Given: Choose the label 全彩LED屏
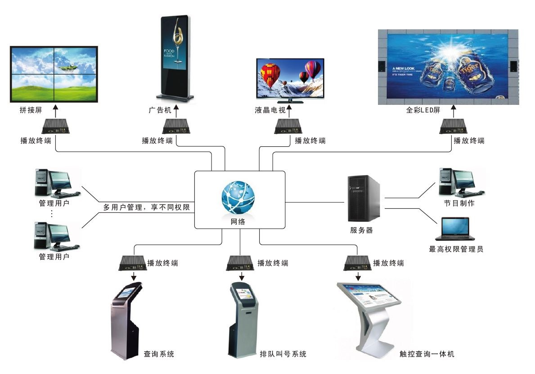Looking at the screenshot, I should click(x=423, y=110).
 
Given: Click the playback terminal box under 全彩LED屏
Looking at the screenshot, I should click(x=453, y=126).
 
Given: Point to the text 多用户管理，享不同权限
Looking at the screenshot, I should click(x=146, y=207).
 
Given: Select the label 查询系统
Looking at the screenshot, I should click(x=159, y=354).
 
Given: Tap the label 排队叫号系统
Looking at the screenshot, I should click(x=283, y=354).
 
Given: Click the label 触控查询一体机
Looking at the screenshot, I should click(x=427, y=354).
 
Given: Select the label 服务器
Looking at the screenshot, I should click(x=361, y=230).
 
